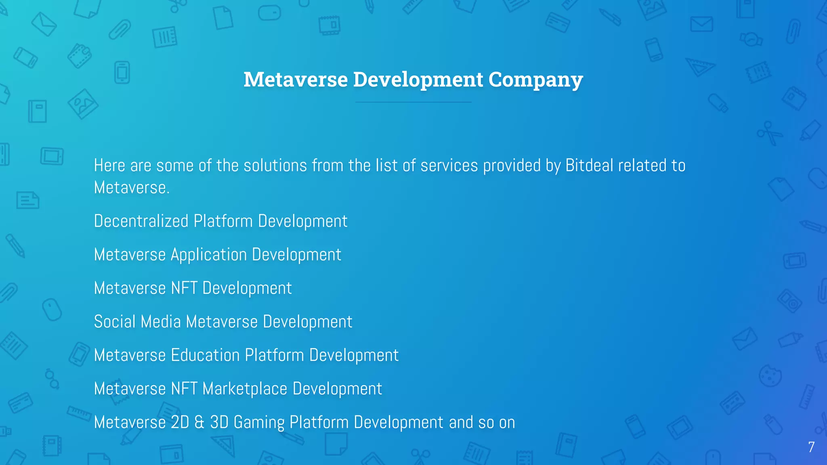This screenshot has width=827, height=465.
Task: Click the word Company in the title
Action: tap(535, 80)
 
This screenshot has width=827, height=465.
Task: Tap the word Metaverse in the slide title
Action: tap(296, 80)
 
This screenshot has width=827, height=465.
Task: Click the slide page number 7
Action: tap(811, 447)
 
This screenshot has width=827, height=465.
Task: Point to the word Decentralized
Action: tap(141, 221)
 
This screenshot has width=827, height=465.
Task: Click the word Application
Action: tap(209, 255)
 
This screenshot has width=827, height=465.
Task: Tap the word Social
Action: tap(115, 322)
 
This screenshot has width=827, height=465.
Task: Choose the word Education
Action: tap(205, 355)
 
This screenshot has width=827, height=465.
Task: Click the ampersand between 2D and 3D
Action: tap(199, 422)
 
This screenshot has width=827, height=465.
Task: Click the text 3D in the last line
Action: tap(219, 422)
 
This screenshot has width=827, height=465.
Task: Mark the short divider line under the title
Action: tap(413, 102)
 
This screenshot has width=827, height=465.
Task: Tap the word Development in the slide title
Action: tap(418, 80)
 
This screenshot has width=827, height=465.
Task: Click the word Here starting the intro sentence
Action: tap(109, 165)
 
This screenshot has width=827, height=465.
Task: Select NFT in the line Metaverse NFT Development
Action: tap(184, 288)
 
